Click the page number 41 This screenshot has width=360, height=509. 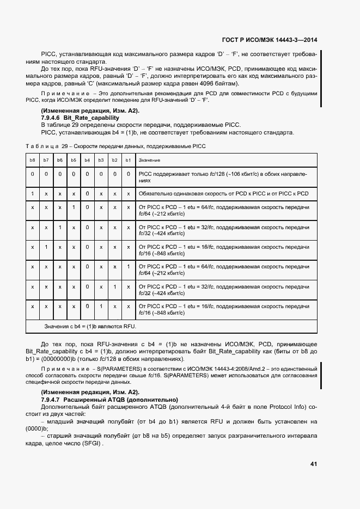pyautogui.click(x=313, y=464)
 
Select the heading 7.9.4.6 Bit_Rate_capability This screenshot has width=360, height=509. pyautogui.click(x=80, y=118)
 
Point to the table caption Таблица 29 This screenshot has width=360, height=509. pyautogui.click(x=115, y=146)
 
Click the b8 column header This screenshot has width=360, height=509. pyautogui.click(x=33, y=160)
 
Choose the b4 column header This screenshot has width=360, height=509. pyautogui.click(x=87, y=160)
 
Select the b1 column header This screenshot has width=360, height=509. pyautogui.click(x=128, y=160)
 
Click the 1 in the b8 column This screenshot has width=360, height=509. pyautogui.click(x=33, y=193)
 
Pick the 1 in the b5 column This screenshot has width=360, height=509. pyautogui.click(x=74, y=208)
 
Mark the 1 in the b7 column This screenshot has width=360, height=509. pyautogui.click(x=46, y=247)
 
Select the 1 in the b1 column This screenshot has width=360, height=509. pyautogui.click(x=128, y=267)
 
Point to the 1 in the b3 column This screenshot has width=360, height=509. pyautogui.click(x=101, y=306)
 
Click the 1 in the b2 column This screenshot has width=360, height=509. pyautogui.click(x=114, y=286)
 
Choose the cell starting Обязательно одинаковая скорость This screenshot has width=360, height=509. pyautogui.click(x=223, y=193)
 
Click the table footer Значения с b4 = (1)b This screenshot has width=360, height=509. pyautogui.click(x=90, y=326)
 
